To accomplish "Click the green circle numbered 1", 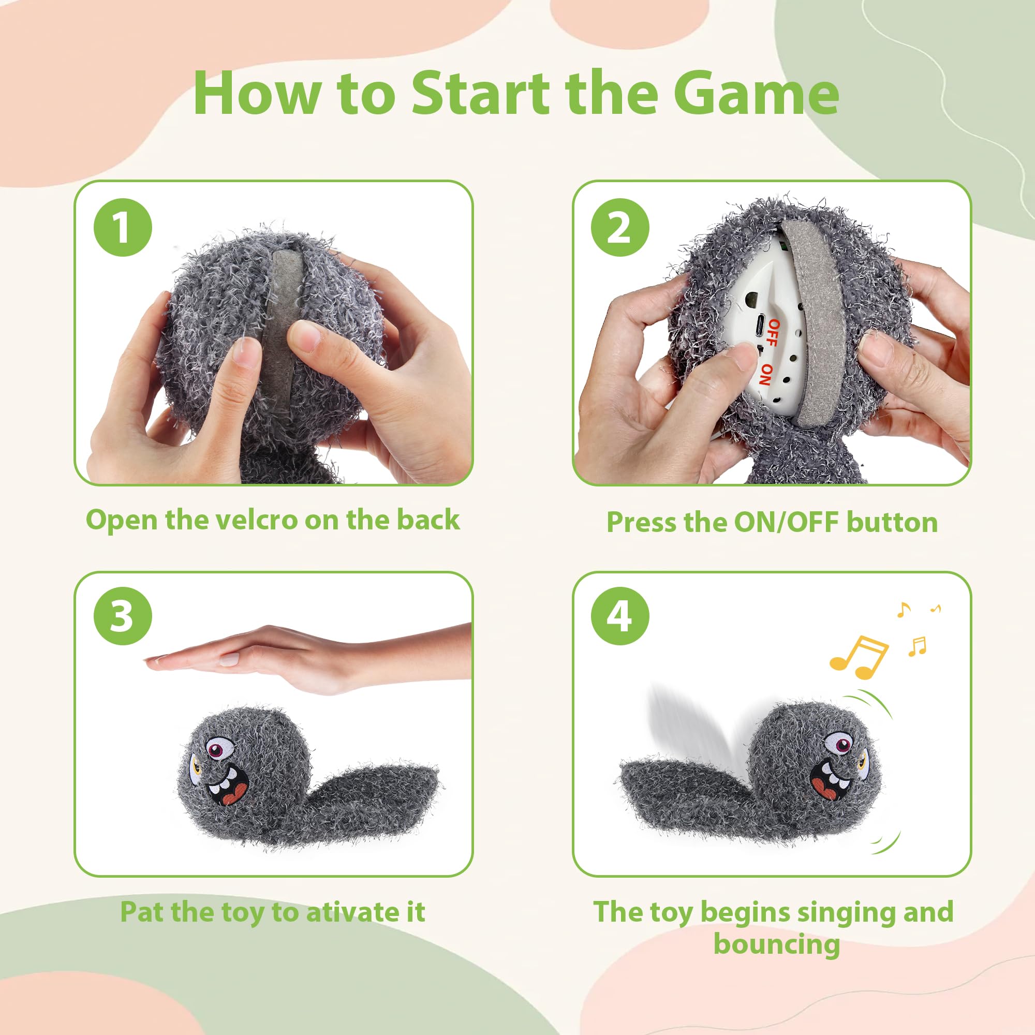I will point(123,228).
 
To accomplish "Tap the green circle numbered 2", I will point(620,228).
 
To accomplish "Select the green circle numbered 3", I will point(123,616).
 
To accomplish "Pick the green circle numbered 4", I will point(620,616).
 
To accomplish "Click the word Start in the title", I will point(480,94).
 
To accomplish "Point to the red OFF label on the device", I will point(772,333).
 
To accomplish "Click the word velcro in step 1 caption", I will point(259,520).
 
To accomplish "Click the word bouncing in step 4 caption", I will point(776,944).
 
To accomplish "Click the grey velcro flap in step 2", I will point(812,321).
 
